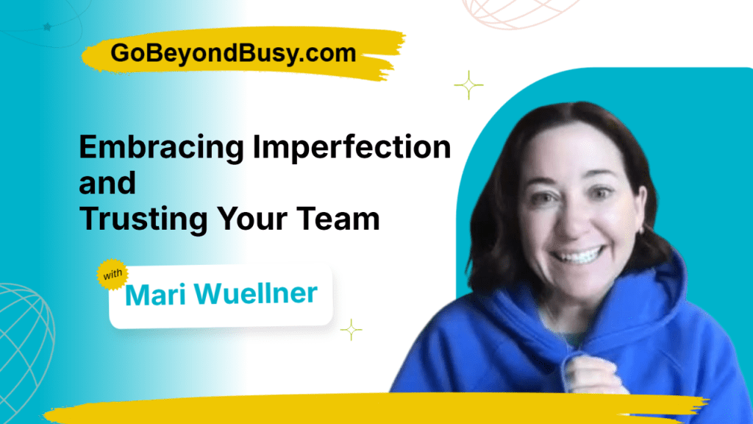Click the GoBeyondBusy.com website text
(x=233, y=53)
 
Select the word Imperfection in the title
(x=351, y=149)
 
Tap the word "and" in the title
(x=107, y=183)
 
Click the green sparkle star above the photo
(x=468, y=86)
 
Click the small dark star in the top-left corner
(x=48, y=27)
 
